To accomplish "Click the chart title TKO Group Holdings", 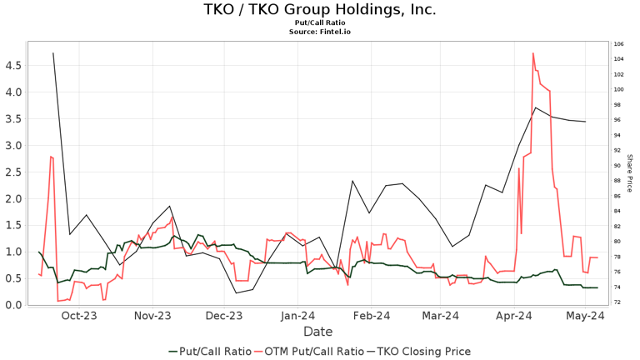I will pos(320,10).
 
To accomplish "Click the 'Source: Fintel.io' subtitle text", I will pos(320,32).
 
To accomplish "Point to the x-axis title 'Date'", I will pos(317,332).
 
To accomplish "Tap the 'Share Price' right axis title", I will pos(629,173).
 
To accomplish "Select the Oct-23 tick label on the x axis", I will pos(79,316).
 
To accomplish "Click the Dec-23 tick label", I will pos(224,316).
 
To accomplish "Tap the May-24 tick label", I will pos(586,316).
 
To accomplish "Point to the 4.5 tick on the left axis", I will pos(14,65).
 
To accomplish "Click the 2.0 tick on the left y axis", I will pos(14,198).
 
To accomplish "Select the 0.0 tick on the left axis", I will pos(14,305).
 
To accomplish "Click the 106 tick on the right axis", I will pos(618,44).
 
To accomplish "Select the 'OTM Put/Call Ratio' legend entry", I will pos(313,352).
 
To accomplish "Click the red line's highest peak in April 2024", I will pos(532,53).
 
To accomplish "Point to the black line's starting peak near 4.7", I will pos(53,53).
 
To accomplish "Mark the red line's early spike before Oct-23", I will pos(52,157).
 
